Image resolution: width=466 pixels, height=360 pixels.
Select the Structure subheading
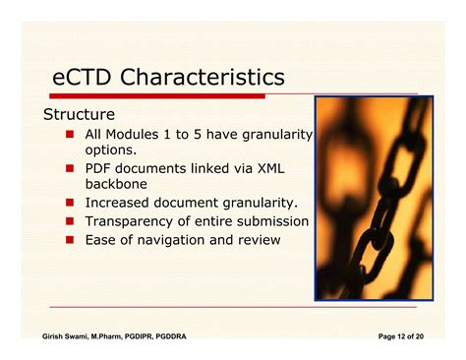pyautogui.click(x=79, y=114)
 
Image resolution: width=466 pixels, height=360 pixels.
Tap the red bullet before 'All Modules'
pyautogui.click(x=70, y=135)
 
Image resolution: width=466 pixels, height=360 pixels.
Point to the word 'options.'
pyautogui.click(x=110, y=150)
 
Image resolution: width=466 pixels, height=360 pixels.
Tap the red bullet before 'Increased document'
pyautogui.click(x=70, y=204)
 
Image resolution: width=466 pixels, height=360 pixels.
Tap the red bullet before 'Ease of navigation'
pyautogui.click(x=70, y=240)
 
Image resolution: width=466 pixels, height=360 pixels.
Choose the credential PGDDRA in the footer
pyautogui.click(x=164, y=336)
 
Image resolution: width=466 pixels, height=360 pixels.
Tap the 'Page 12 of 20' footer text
pyautogui.click(x=401, y=336)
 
